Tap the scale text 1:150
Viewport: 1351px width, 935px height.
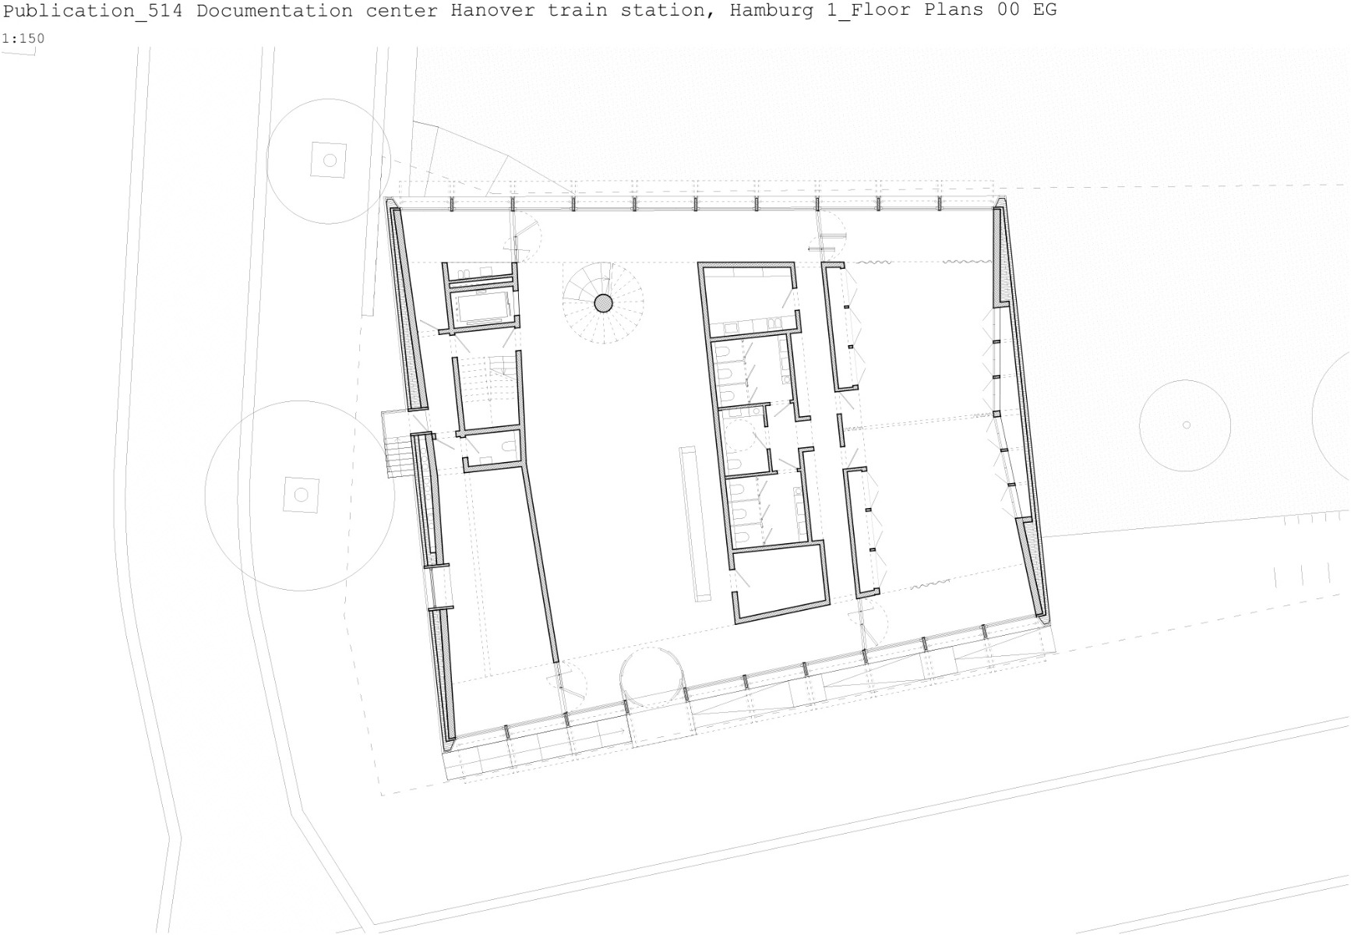(23, 38)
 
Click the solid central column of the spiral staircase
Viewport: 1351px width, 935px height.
(603, 303)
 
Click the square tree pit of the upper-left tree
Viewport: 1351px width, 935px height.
(329, 160)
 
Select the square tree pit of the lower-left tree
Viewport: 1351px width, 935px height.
(301, 494)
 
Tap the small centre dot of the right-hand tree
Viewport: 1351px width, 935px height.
(1186, 425)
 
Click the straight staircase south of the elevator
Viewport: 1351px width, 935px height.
(488, 390)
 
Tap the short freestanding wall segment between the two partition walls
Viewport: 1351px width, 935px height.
(841, 430)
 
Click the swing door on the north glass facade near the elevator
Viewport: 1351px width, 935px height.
(524, 238)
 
